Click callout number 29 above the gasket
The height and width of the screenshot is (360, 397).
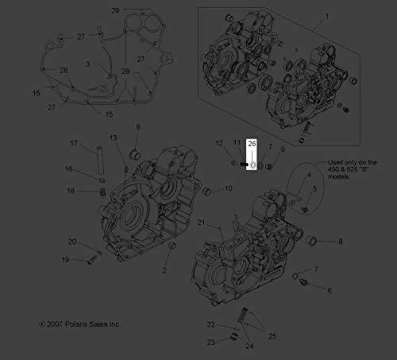115,11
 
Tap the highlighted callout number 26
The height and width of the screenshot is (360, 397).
252,144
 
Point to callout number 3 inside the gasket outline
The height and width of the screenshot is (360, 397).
88,64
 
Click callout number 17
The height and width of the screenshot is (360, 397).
74,143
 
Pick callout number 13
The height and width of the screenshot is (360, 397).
113,137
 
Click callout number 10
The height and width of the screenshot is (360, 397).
228,188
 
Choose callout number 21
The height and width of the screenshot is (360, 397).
201,223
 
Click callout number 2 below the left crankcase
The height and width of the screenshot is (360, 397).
164,271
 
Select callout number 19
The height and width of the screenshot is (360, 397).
65,259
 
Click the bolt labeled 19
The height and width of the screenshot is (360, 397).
91,260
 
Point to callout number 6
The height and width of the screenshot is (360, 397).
329,291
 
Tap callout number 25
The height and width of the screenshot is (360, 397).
272,336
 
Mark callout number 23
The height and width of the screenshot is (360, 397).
211,342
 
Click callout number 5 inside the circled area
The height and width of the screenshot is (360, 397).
315,189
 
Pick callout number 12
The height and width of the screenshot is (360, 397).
219,143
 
